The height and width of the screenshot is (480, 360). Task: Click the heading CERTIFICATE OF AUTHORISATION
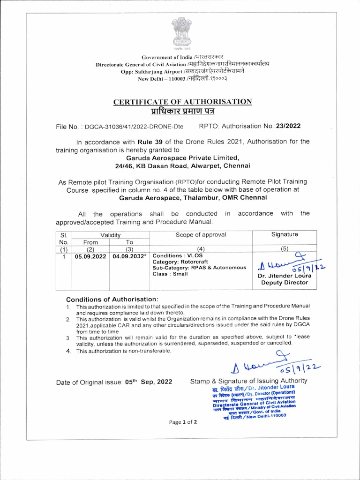coord(183,102)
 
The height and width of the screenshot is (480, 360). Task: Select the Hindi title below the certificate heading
coord(183,112)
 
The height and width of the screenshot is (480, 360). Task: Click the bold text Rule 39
coord(146,142)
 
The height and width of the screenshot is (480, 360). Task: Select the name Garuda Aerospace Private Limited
coord(183,157)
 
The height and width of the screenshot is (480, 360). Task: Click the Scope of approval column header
coord(201,234)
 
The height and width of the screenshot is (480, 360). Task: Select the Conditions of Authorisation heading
coord(112,299)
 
